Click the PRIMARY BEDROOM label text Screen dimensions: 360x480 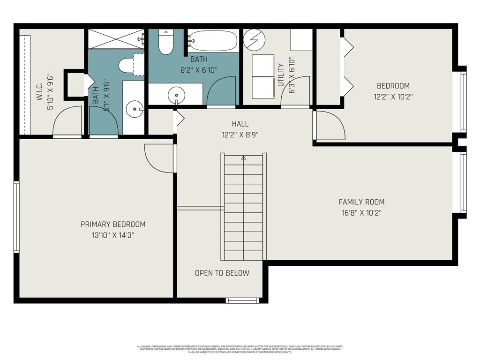coord(113,224)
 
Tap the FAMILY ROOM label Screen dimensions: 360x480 coord(361,202)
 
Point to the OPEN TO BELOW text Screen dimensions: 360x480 coord(222,273)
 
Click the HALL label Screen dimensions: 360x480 coord(240,124)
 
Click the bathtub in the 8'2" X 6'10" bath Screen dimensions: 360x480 coord(213,41)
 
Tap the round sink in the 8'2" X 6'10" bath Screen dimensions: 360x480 coord(176,95)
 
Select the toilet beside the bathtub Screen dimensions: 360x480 coord(166,42)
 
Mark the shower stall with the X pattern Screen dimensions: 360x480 coord(116,39)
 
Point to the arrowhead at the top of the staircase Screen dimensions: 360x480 coord(243,158)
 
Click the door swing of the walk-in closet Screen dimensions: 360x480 coord(67,121)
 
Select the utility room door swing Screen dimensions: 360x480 coord(296,92)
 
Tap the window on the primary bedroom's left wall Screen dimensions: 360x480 coord(16,217)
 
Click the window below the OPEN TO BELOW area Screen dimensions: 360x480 coord(242,300)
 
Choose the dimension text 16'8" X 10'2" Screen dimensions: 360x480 coord(361,212)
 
